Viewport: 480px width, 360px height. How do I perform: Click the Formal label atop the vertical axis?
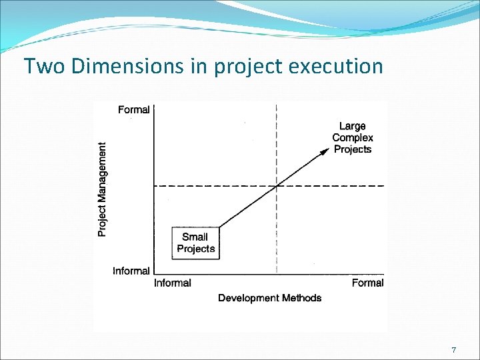tap(133, 109)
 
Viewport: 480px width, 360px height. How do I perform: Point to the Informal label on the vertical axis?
tap(131, 271)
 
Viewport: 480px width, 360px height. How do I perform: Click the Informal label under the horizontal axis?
tap(173, 283)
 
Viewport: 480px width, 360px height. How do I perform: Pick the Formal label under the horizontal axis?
tap(367, 283)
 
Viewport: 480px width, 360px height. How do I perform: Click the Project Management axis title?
tap(102, 189)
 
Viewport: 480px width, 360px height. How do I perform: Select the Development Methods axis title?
tap(269, 298)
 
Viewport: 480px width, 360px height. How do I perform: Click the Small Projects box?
tap(195, 243)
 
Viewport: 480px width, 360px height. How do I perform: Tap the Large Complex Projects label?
tap(352, 137)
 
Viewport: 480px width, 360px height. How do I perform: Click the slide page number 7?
tap(453, 350)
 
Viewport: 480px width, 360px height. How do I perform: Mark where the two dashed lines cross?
tap(277, 186)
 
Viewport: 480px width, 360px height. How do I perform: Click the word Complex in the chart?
tap(352, 137)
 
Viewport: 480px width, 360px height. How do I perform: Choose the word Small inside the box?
tap(195, 237)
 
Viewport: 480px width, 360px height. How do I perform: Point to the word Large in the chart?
tap(352, 126)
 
